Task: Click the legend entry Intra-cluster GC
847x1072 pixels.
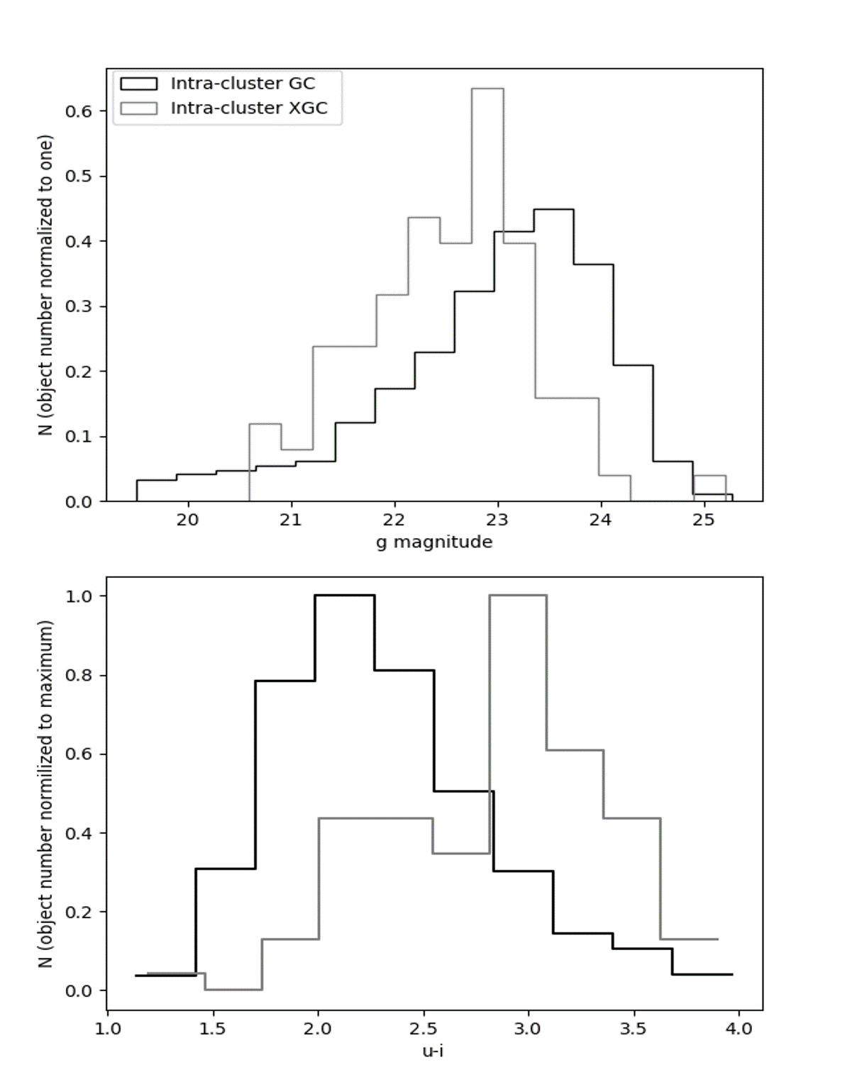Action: click(242, 84)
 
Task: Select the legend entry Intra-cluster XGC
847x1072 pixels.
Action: click(248, 108)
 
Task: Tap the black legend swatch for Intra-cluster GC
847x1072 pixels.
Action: click(138, 84)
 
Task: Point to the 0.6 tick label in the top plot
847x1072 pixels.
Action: click(79, 111)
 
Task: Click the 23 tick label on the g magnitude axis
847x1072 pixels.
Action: click(498, 520)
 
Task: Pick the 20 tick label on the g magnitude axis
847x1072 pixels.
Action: click(188, 520)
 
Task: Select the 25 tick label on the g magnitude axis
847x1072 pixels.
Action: click(704, 520)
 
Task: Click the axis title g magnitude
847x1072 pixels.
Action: click(433, 542)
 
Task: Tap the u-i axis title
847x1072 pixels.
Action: click(433, 1051)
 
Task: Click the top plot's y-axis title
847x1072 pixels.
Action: click(47, 285)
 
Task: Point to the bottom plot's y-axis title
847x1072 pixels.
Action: click(47, 794)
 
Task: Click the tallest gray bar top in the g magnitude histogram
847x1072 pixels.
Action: click(487, 89)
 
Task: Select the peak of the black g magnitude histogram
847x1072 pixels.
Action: click(553, 210)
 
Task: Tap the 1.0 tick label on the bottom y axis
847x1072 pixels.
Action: click(79, 596)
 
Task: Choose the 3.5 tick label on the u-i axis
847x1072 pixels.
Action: click(633, 1029)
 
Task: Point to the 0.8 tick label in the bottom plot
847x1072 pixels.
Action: click(79, 676)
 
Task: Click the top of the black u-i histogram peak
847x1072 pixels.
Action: click(344, 596)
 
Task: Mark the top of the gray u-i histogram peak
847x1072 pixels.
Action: click(517, 596)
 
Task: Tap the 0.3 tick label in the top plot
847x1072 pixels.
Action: click(79, 307)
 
